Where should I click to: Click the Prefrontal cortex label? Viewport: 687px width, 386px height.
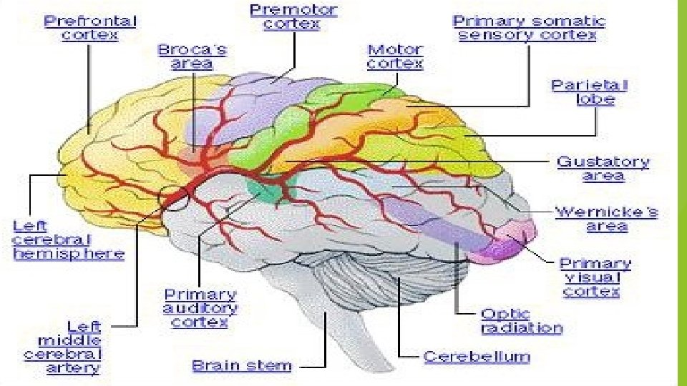90,27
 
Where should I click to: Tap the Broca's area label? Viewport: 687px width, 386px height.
192,56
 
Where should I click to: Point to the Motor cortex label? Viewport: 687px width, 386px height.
395,57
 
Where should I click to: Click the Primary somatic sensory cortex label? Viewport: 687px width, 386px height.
529,28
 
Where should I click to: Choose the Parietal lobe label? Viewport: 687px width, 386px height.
589,92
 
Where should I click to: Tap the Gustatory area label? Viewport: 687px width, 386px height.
603,169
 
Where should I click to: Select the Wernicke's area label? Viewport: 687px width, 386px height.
606,219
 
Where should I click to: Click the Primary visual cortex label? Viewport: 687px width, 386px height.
595,277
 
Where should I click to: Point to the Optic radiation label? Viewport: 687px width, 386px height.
522,321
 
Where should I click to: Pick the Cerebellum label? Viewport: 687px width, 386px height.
477,356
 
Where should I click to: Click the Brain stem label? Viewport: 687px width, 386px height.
242,366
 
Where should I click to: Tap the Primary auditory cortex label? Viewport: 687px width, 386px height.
200,308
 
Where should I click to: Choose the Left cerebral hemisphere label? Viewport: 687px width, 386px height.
68,239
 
